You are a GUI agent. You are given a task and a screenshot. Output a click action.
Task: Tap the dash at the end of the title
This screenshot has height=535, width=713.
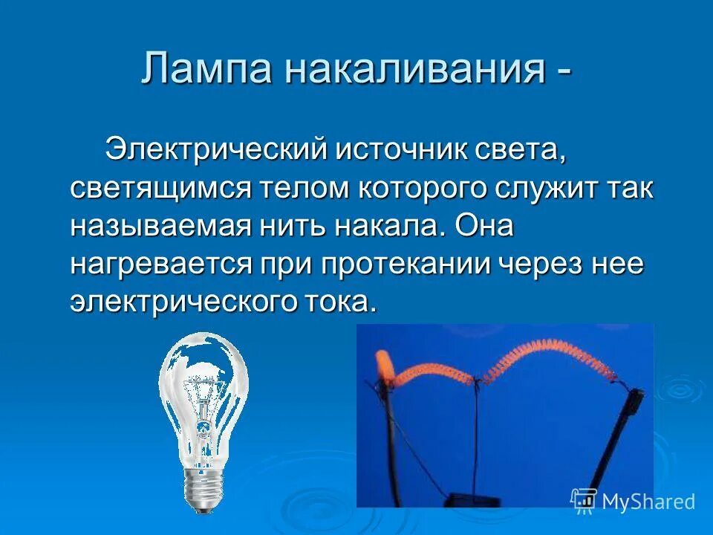click(562, 71)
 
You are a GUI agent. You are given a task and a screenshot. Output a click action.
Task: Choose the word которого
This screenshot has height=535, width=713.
click(424, 188)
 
